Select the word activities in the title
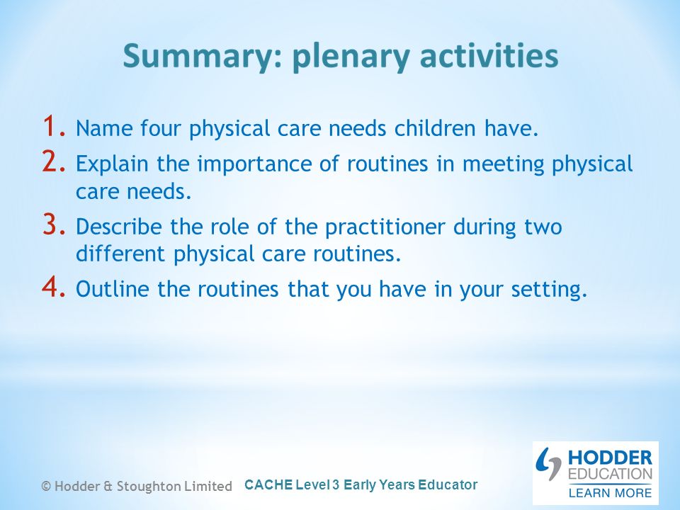click(489, 56)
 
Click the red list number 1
click(55, 126)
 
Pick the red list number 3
click(55, 224)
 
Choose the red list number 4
click(55, 286)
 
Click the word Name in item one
click(104, 128)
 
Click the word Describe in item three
click(119, 227)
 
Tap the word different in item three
click(120, 254)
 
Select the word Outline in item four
click(113, 289)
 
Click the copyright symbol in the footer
click(46, 486)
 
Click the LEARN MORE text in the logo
click(610, 493)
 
